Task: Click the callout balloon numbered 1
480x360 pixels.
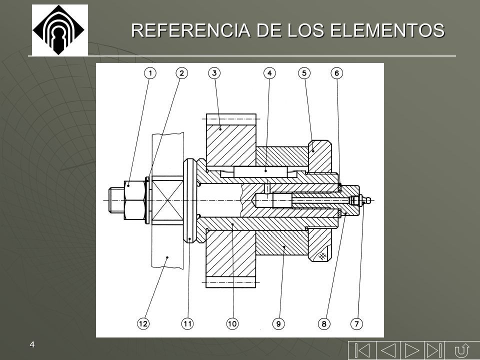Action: [x=150, y=73]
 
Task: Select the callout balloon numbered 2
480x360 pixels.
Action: [x=182, y=73]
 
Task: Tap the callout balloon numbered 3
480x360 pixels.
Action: [x=214, y=73]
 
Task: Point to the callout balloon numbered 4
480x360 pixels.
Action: [x=269, y=73]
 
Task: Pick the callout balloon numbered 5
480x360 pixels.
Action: [x=304, y=73]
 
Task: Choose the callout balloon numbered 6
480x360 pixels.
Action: [x=336, y=73]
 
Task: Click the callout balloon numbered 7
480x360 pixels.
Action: [x=356, y=323]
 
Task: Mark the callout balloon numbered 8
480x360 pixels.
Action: [x=324, y=323]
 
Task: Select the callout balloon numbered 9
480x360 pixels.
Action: [x=278, y=323]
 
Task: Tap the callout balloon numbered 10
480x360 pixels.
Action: [x=232, y=323]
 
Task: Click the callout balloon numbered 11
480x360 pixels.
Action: [x=187, y=323]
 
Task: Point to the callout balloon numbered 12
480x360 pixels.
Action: [x=143, y=323]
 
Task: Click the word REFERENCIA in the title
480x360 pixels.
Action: [x=191, y=30]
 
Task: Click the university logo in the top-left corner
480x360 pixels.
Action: [x=60, y=30]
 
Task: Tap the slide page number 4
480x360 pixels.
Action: [x=32, y=344]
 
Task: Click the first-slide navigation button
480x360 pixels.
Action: [x=362, y=350]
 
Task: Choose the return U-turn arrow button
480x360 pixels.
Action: [x=461, y=350]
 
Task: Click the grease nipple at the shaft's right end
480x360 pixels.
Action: [x=360, y=200]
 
